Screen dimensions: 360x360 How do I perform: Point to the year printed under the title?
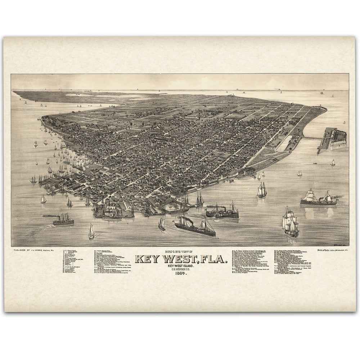[x=181, y=273]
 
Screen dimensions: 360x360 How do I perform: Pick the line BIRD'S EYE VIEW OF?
[x=181, y=252]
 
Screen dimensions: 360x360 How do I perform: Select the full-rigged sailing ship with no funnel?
[x=291, y=223]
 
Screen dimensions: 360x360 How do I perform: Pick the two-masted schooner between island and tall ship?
[x=262, y=190]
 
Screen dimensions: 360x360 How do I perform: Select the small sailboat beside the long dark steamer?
[x=162, y=224]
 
